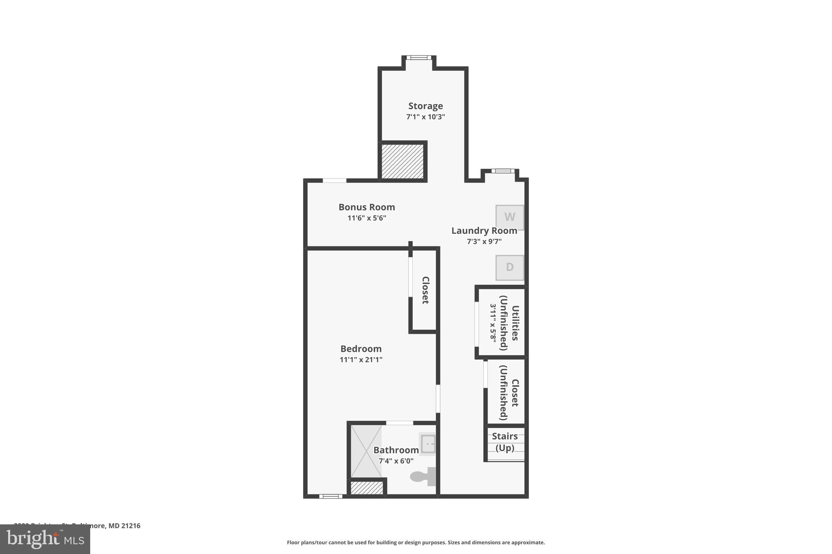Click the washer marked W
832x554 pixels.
point(509,217)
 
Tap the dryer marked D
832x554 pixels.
point(509,267)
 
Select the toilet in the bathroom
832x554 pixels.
point(423,476)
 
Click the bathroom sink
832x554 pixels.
point(427,444)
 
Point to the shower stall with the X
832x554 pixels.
point(366,451)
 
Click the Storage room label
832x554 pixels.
point(425,106)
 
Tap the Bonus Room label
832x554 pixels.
point(366,207)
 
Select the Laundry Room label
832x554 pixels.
point(484,231)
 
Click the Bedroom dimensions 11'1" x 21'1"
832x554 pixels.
point(361,360)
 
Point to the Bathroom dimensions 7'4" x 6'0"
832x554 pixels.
point(396,461)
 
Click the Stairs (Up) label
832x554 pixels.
point(505,442)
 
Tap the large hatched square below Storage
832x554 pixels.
point(403,161)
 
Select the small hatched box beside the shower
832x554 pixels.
point(367,487)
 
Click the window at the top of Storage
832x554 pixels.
point(418,58)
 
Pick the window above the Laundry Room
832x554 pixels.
point(503,171)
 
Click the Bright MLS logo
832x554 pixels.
point(45,539)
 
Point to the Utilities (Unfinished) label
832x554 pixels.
point(509,323)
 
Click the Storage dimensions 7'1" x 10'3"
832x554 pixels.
point(425,117)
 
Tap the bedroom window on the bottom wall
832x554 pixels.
point(330,496)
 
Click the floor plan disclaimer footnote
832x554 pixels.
point(416,543)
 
